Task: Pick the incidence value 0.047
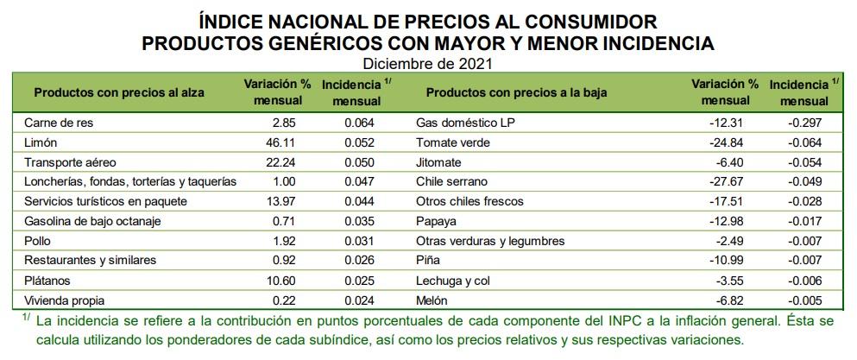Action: tap(359, 181)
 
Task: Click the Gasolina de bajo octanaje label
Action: tap(84, 221)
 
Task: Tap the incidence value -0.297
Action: tap(804, 122)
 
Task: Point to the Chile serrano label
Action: tap(451, 181)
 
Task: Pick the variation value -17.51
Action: tap(740, 201)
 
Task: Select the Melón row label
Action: tap(432, 300)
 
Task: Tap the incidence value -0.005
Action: tap(804, 300)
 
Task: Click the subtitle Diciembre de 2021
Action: tap(427, 63)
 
